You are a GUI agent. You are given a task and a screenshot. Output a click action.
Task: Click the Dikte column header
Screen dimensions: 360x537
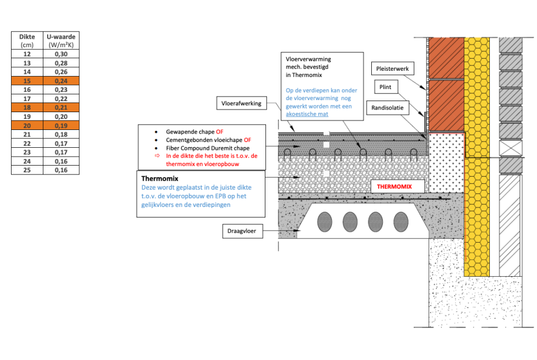pos(27,40)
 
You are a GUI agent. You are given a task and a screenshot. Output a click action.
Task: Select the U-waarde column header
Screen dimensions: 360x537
pos(61,40)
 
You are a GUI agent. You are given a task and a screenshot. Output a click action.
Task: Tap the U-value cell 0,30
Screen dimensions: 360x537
pos(61,54)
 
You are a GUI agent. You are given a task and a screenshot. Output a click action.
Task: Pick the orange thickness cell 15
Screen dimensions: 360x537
pos(27,81)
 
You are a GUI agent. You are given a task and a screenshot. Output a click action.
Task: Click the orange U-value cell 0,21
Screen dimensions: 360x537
pos(61,107)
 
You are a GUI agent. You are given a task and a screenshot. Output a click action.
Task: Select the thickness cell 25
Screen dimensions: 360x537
pos(27,170)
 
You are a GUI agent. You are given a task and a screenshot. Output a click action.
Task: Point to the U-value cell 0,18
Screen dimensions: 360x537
pos(61,134)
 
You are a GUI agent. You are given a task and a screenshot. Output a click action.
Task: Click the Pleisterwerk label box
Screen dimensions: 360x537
pos(392,69)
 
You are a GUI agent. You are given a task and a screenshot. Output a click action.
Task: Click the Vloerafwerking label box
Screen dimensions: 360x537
pos(241,104)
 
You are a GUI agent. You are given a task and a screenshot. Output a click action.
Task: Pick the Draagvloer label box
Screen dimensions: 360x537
pos(242,231)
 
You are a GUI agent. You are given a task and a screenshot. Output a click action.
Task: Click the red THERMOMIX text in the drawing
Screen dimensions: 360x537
pos(394,186)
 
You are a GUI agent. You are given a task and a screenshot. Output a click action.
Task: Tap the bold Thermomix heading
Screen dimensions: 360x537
pos(159,179)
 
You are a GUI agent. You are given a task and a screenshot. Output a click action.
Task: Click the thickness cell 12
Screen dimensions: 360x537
pos(27,54)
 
